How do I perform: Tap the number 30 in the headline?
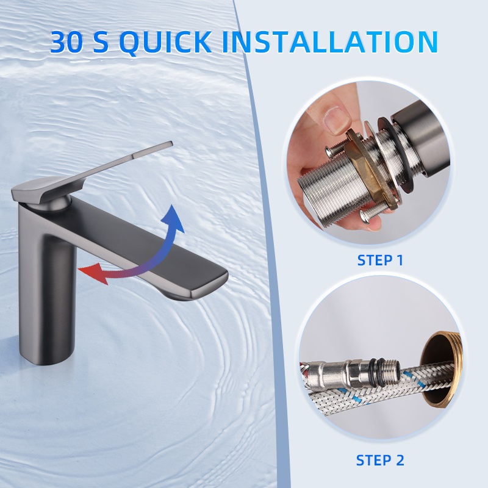pyautogui.click(x=67, y=41)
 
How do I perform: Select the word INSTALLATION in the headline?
pyautogui.click(x=330, y=41)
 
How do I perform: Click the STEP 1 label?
pyautogui.click(x=380, y=260)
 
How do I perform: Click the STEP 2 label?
pyautogui.click(x=380, y=461)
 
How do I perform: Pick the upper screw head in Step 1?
pyautogui.click(x=330, y=151)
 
